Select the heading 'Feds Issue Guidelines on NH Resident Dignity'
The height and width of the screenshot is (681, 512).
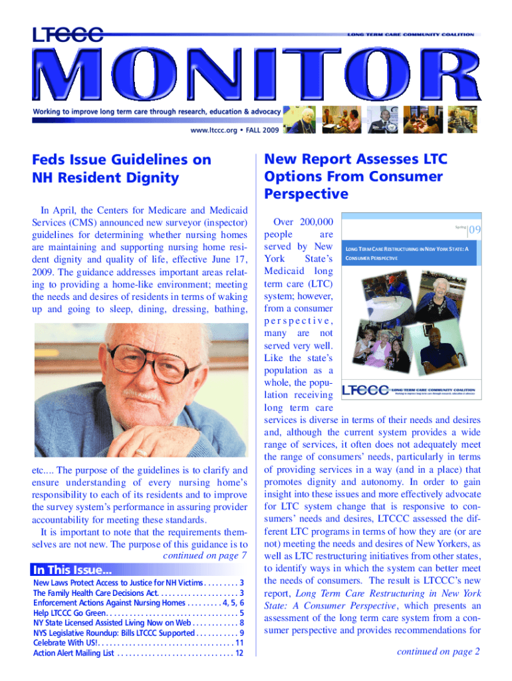[x=122, y=168]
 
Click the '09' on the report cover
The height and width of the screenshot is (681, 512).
[x=475, y=230]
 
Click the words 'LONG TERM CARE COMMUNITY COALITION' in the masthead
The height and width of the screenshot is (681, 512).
[x=410, y=34]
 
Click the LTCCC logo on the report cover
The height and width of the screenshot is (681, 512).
[x=364, y=390]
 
